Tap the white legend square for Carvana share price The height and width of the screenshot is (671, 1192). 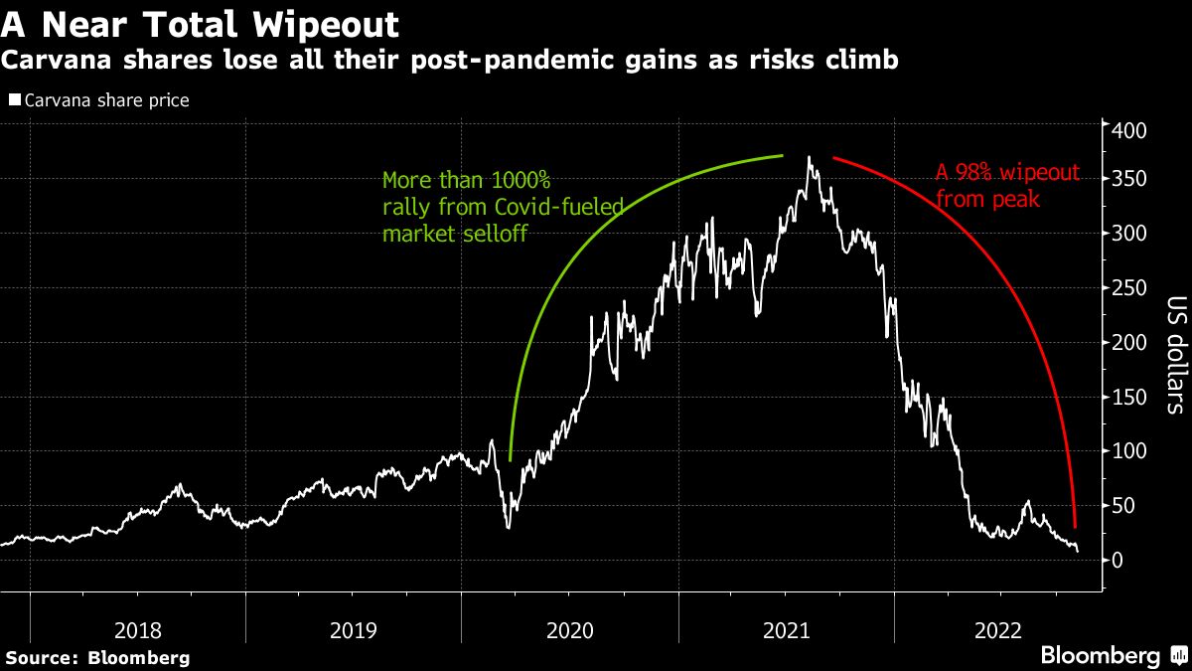click(14, 100)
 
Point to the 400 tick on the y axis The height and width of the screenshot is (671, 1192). click(1129, 131)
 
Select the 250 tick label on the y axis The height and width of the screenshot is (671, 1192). click(1129, 288)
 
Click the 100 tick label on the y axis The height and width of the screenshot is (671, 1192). click(1129, 451)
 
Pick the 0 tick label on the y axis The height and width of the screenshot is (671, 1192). click(1119, 561)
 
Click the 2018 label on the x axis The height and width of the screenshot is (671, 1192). click(138, 630)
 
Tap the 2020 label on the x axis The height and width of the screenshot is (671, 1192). click(570, 630)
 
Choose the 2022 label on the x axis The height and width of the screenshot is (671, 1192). click(1001, 630)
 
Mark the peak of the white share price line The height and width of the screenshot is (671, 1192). click(810, 157)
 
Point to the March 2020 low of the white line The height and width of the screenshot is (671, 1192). click(509, 527)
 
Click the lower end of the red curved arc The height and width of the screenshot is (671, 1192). click(1075, 526)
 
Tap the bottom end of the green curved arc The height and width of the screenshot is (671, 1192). click(510, 459)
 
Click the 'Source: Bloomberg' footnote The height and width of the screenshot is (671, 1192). click(97, 657)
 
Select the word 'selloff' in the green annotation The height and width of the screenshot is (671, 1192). click(493, 234)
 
